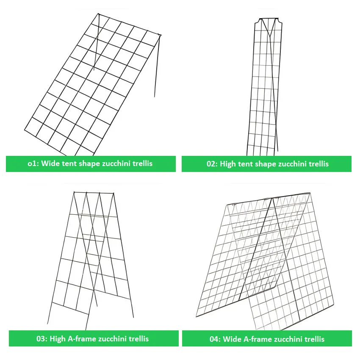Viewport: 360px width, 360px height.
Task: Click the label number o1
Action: pos(33,164)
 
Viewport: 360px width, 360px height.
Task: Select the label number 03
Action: pos(42,338)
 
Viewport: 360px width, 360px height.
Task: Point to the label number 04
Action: pos(215,339)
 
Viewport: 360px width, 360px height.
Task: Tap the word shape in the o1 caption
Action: pos(89,164)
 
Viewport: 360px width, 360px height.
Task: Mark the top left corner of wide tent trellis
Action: pos(98,14)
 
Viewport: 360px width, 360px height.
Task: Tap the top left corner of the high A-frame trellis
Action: pos(74,192)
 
